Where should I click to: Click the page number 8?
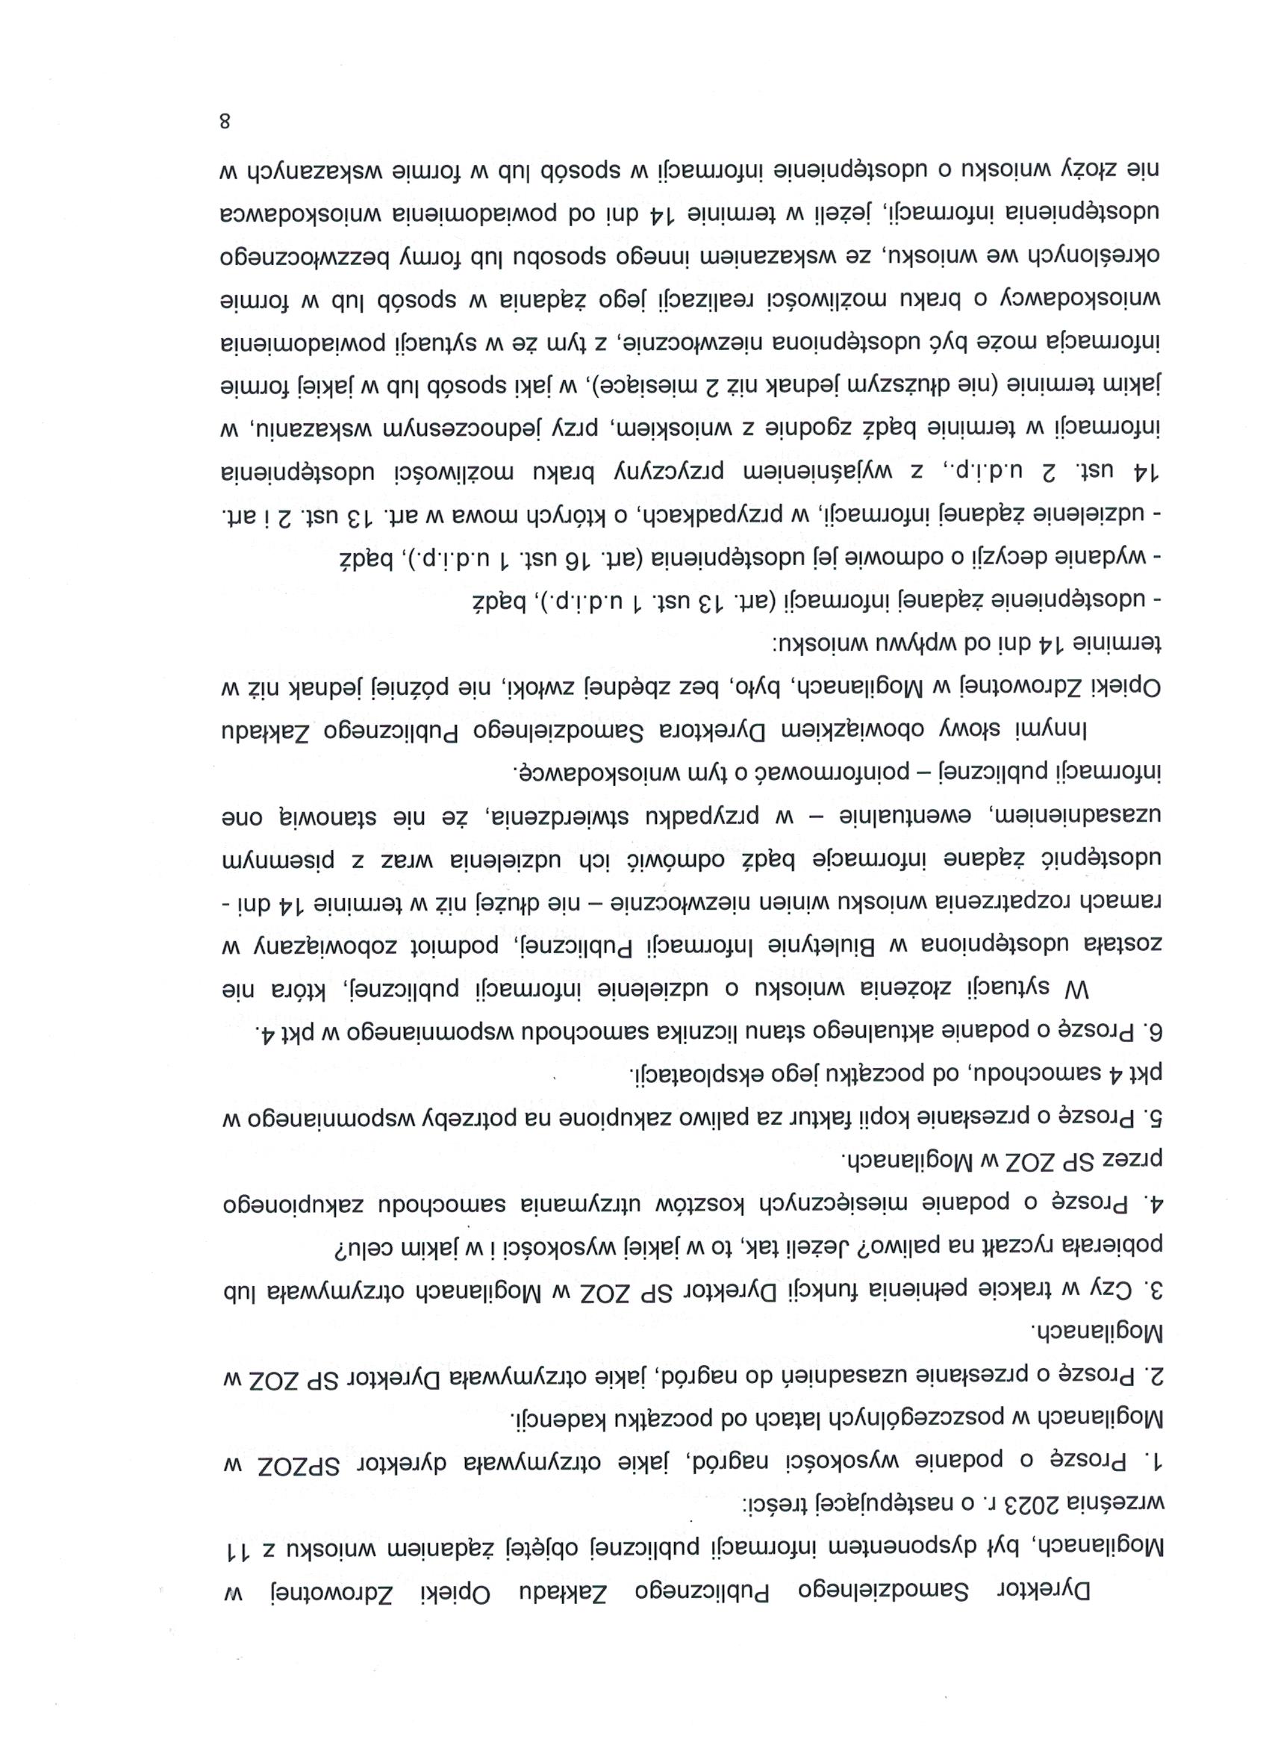click(225, 122)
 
